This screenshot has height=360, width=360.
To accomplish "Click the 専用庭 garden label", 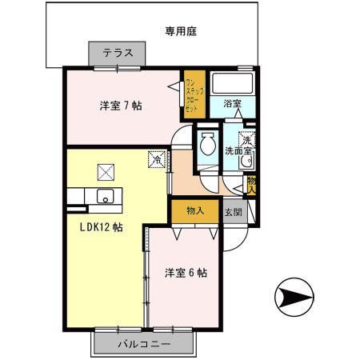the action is click(181, 31).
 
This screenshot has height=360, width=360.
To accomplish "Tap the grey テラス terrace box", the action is click(117, 54).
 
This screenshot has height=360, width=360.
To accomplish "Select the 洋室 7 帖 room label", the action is click(121, 106).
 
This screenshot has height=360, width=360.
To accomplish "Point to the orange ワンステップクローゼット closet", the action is click(194, 94).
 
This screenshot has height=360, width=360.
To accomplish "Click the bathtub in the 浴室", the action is click(232, 82).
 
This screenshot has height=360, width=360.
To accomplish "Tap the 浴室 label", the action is click(232, 103).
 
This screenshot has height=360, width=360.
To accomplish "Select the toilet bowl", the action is click(208, 143).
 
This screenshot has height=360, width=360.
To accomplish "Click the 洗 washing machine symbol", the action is click(247, 139).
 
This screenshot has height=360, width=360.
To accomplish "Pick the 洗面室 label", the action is click(238, 151).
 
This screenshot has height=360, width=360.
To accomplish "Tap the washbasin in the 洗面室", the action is click(247, 161).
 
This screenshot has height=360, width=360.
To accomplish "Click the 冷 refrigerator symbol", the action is click(157, 159).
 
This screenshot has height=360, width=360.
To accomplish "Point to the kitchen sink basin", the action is click(105, 196).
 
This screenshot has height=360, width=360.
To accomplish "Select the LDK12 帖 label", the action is click(102, 227).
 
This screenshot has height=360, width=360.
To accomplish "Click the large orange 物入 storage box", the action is click(195, 211).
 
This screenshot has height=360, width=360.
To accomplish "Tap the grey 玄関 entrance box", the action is click(233, 211).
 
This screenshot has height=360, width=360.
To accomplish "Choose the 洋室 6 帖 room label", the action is click(186, 273).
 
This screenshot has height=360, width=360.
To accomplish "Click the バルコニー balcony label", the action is click(144, 344).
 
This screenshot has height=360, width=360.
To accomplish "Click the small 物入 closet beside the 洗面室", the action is click(251, 186).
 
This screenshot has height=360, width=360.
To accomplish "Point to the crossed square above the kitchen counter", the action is click(106, 173).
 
